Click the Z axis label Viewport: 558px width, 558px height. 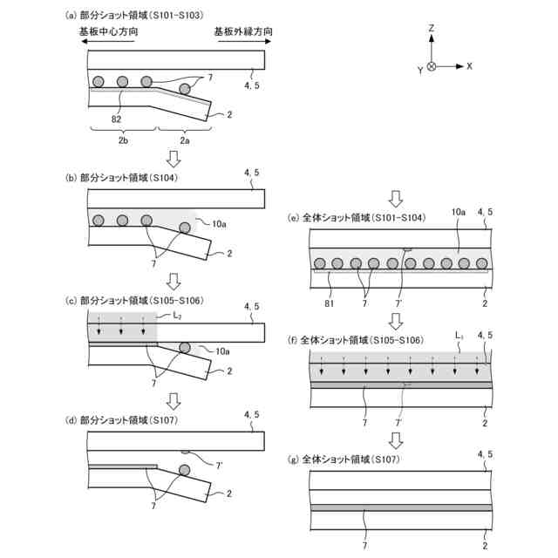[x=432, y=29]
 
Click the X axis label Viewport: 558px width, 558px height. [x=469, y=66]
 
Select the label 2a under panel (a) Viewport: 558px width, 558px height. [x=184, y=139]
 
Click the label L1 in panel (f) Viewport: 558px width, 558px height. [x=459, y=334]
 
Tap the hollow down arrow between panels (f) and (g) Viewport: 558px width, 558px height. [x=396, y=439]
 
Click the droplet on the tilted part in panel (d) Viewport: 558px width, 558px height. [x=185, y=472]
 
